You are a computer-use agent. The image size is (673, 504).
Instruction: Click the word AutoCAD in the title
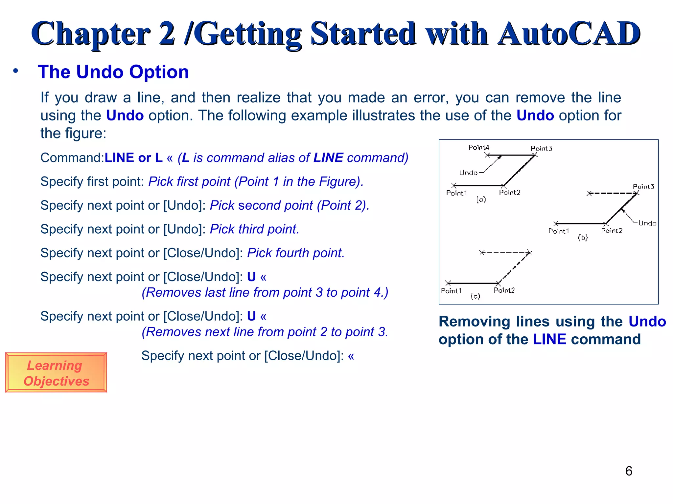569,33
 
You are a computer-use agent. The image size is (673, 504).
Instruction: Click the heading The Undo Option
113,72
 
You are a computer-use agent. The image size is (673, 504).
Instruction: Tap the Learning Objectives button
56,373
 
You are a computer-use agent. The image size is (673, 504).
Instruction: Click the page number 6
629,471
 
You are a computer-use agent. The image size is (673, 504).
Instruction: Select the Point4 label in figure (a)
479,147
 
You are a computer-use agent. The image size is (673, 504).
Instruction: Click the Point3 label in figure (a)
541,149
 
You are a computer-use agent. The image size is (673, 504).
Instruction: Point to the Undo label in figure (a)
468,173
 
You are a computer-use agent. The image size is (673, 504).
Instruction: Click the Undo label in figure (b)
647,223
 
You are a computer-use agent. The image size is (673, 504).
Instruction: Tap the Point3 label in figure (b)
643,187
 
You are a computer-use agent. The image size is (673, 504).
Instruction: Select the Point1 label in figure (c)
451,291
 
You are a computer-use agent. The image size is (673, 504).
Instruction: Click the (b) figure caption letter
583,238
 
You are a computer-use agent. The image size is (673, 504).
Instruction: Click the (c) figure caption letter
475,296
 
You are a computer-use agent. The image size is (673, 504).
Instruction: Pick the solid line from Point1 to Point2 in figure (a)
478,186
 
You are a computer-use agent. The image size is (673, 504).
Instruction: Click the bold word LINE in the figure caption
549,339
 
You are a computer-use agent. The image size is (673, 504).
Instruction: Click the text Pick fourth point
295,253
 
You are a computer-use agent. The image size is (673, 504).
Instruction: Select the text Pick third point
254,229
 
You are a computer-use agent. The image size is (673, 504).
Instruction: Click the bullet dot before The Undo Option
15,71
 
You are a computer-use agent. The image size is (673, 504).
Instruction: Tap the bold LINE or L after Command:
133,158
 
